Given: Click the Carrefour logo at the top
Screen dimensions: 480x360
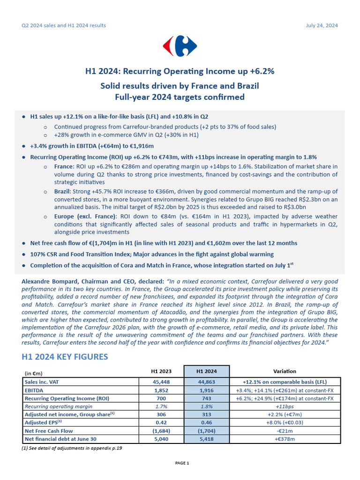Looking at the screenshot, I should click(x=180, y=45).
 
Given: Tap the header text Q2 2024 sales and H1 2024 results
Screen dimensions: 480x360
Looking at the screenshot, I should click(x=64, y=25).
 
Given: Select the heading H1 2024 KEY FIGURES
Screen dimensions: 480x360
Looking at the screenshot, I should click(x=65, y=357).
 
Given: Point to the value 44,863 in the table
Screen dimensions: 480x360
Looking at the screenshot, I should click(x=207, y=382).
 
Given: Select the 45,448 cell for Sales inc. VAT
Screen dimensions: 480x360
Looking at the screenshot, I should click(x=161, y=382).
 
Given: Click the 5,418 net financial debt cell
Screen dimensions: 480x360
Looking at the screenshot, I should click(x=207, y=439).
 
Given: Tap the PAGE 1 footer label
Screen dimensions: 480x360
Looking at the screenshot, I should click(x=182, y=463).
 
